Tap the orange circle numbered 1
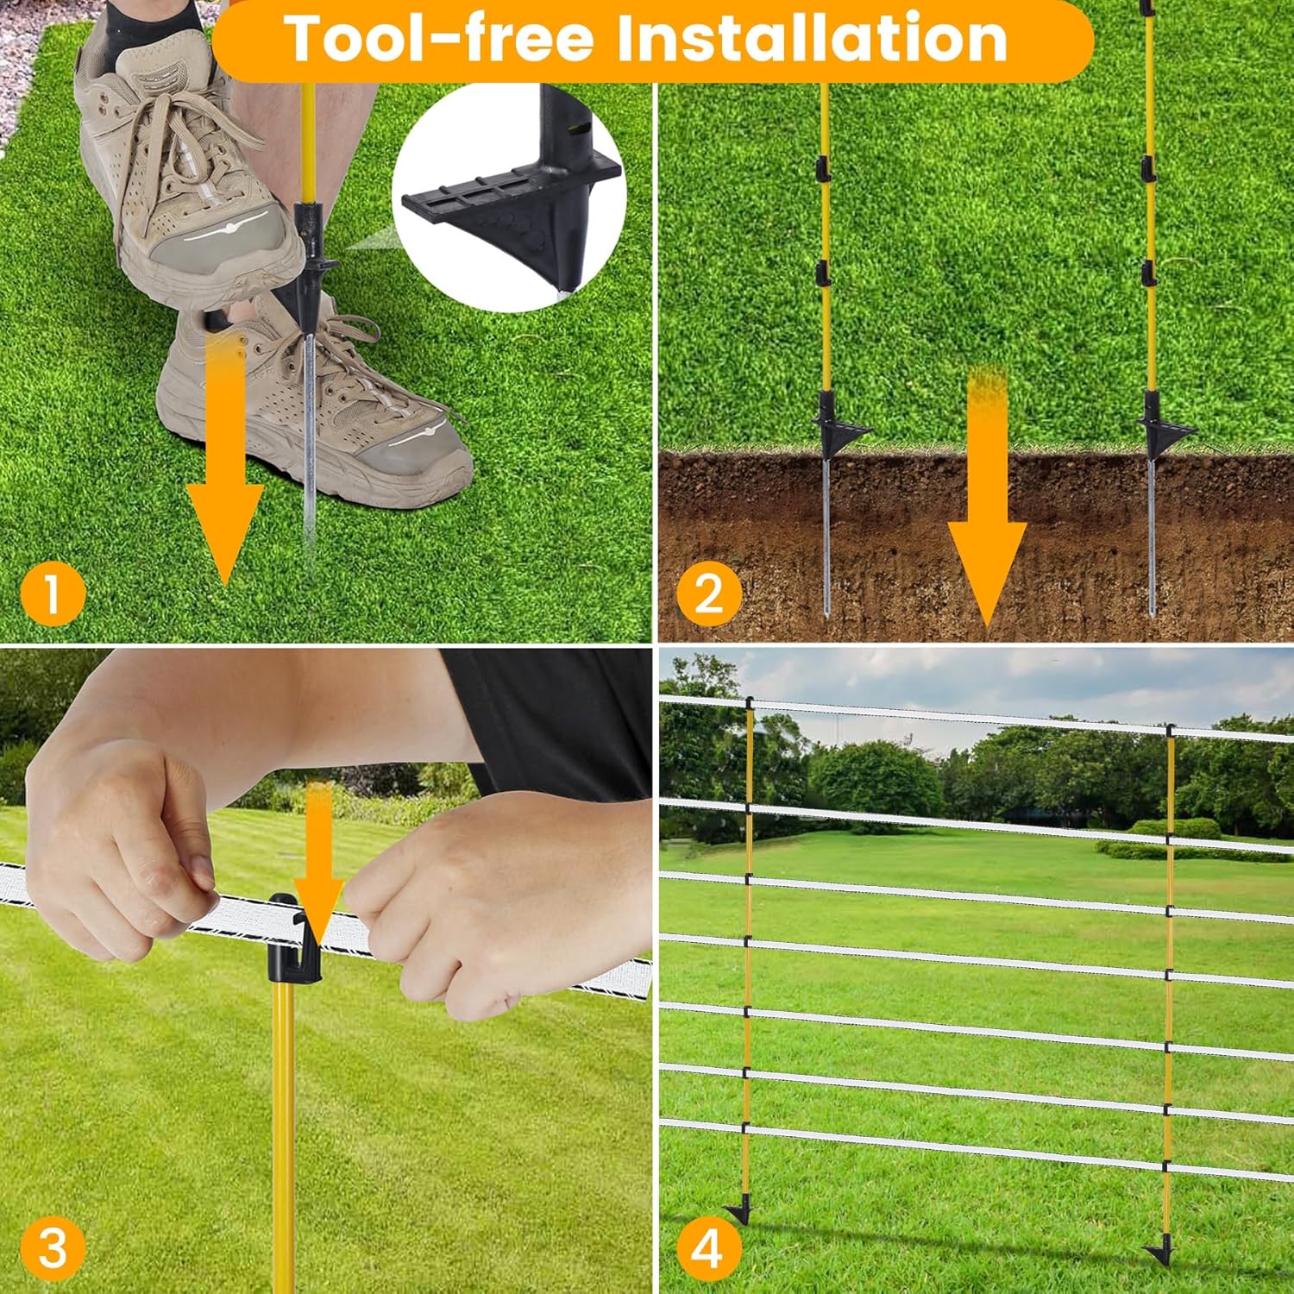(53, 594)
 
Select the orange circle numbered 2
(708, 594)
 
